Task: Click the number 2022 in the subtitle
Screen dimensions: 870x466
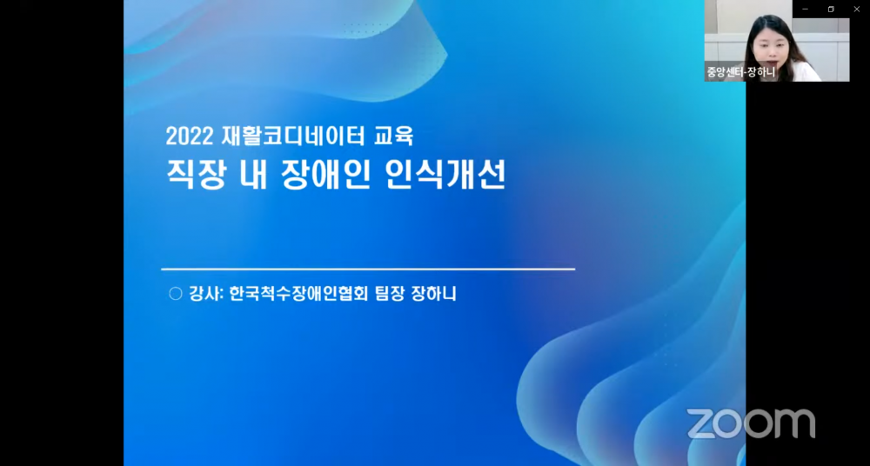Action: [189, 136]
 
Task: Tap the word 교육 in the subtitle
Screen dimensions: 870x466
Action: [394, 136]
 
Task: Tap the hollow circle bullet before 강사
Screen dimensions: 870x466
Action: [176, 294]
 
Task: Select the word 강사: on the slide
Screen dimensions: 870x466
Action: [205, 294]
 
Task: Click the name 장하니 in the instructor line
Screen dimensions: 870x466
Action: [434, 294]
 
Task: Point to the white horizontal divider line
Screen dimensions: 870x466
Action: [368, 269]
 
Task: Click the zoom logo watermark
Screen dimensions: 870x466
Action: [751, 424]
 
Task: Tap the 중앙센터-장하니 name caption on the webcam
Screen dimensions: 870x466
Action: [740, 72]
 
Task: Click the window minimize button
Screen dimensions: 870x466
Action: [805, 9]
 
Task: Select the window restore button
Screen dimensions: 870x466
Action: [831, 9]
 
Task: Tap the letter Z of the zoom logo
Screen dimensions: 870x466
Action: [702, 424]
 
